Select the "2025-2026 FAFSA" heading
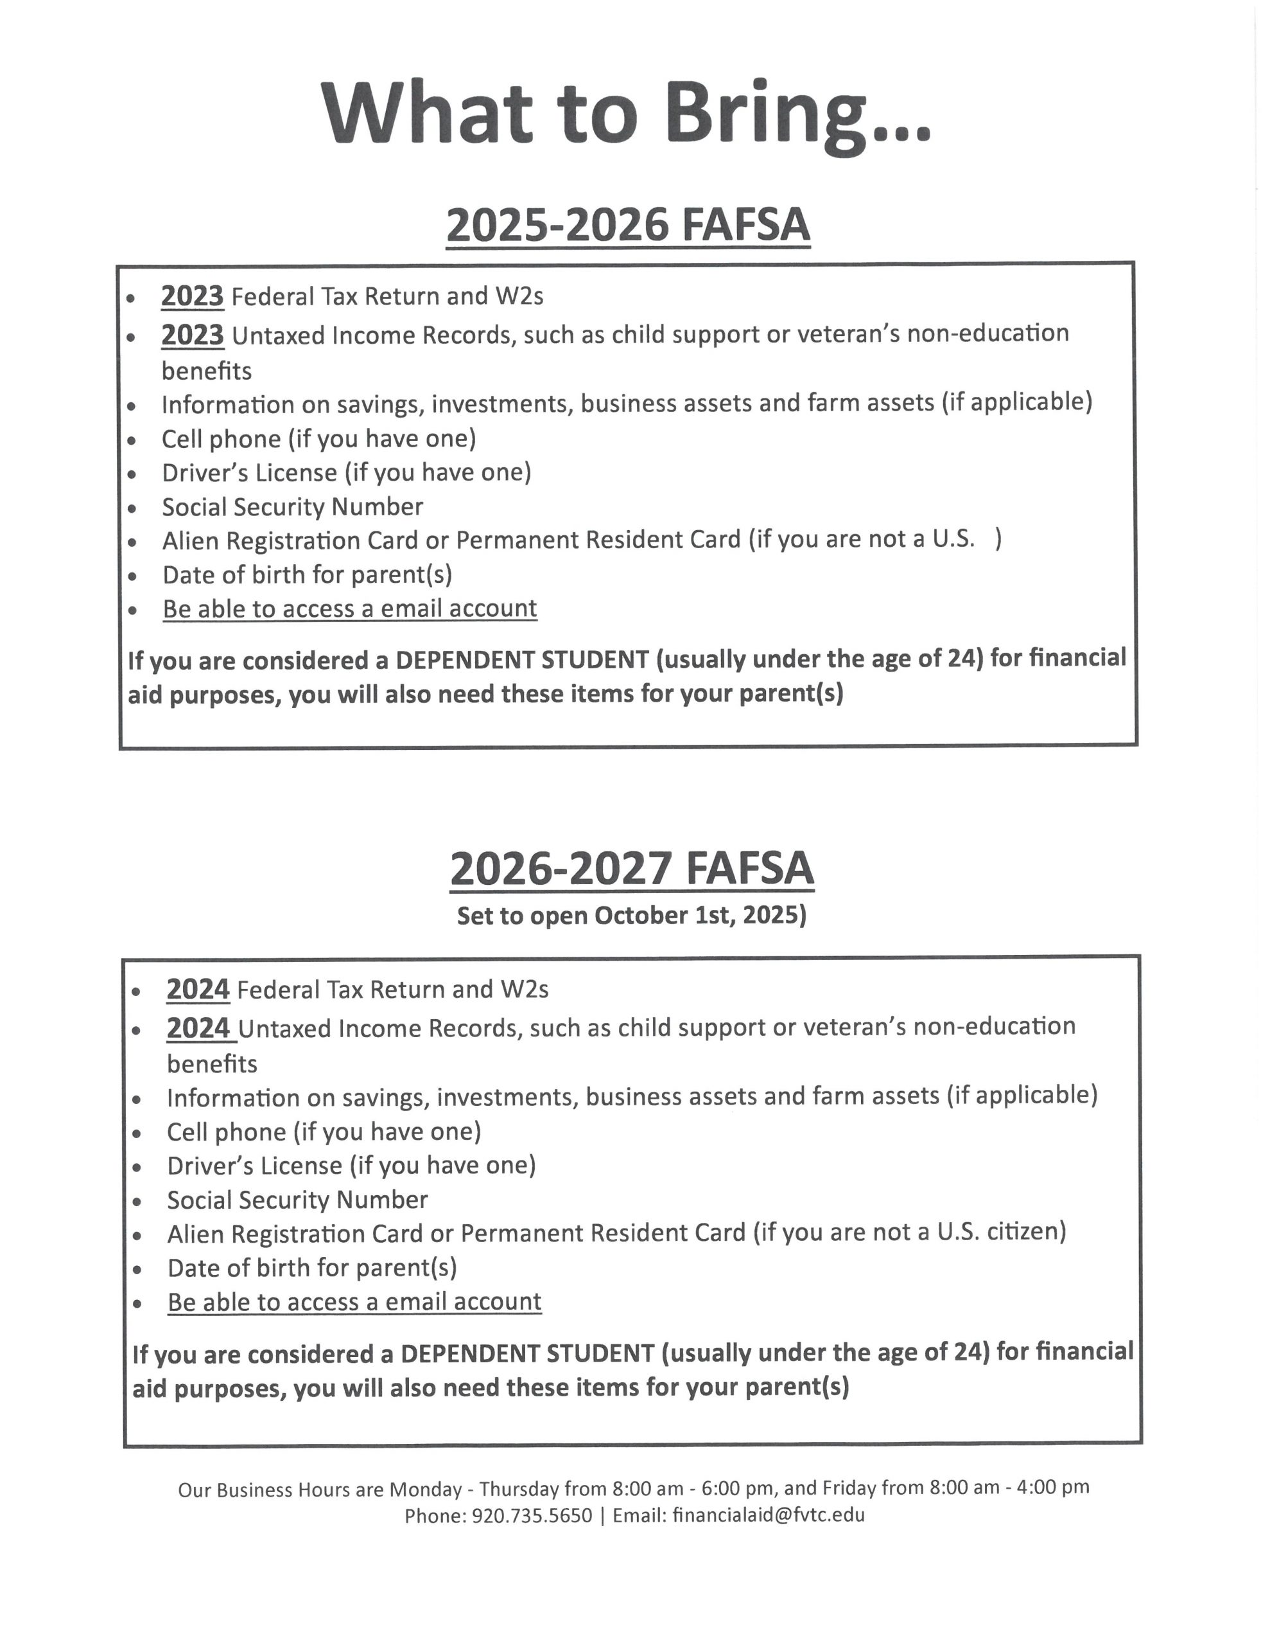pyautogui.click(x=628, y=225)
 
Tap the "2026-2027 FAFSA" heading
pyautogui.click(x=632, y=869)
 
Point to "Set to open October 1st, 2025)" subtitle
pyautogui.click(x=632, y=915)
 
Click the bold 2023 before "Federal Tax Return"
pyautogui.click(x=192, y=296)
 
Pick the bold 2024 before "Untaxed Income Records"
pyautogui.click(x=198, y=1028)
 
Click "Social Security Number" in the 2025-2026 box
pyautogui.click(x=292, y=507)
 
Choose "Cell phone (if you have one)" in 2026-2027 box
pyautogui.click(x=324, y=1132)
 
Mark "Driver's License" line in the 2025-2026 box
pyautogui.click(x=346, y=473)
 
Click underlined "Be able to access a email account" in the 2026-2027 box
pyautogui.click(x=354, y=1301)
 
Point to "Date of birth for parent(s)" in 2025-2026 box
pyautogui.click(x=307, y=574)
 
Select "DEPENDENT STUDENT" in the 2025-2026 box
pyautogui.click(x=522, y=660)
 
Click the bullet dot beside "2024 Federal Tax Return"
pyautogui.click(x=136, y=991)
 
